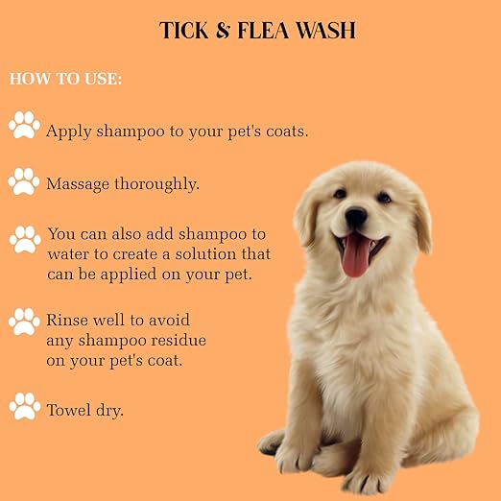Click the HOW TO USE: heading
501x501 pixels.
click(65, 79)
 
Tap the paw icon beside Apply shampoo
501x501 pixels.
click(24, 125)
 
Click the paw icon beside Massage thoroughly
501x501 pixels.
click(24, 180)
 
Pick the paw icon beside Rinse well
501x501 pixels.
click(24, 322)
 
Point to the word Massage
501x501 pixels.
click(80, 183)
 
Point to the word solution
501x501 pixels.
click(187, 254)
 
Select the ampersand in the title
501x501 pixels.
click(222, 31)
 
